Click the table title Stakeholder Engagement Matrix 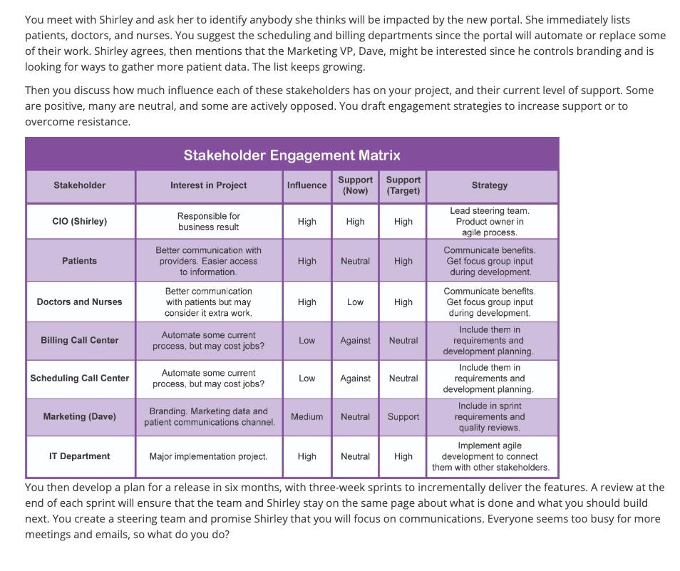click(292, 155)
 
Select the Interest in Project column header click(208, 185)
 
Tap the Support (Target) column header click(403, 185)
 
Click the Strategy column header click(490, 185)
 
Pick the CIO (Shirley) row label click(80, 222)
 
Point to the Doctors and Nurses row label click(80, 302)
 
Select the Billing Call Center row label click(80, 341)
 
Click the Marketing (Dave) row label click(80, 417)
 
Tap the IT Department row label click(80, 456)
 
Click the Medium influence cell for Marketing click(306, 417)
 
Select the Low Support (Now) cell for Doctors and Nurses click(355, 302)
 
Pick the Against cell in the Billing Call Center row click(355, 341)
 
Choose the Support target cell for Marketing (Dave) click(403, 417)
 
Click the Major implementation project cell click(208, 456)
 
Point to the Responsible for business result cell click(208, 222)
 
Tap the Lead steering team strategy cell click(490, 222)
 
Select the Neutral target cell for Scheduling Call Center click(403, 379)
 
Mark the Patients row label click(80, 261)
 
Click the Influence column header click(306, 185)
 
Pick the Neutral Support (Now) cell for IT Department click(355, 456)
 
